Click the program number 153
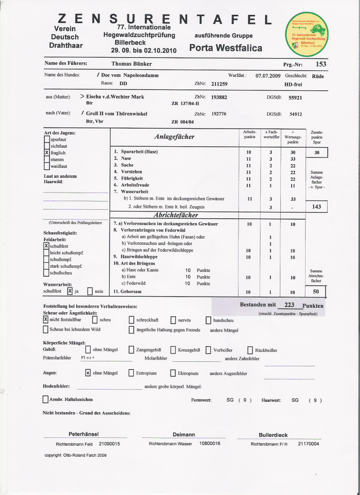coord(321,64)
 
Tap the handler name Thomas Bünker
coord(131,64)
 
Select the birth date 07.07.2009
coord(268,76)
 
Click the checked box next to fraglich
coord(47,153)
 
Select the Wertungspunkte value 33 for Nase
coord(292,159)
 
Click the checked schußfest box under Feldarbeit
coord(46,246)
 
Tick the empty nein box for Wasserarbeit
coord(90,291)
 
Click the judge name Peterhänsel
coord(84,434)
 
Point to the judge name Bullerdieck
coord(273,435)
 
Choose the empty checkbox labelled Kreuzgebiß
coord(173,350)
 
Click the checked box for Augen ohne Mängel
coord(88,373)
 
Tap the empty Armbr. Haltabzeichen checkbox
coord(45,399)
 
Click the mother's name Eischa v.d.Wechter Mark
coord(115,97)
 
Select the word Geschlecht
coord(296,76)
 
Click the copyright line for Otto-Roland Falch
coord(76,455)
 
